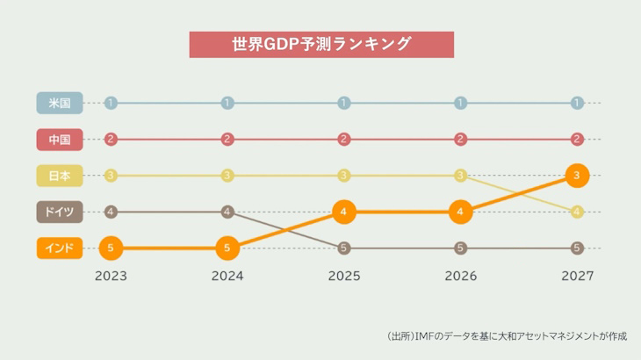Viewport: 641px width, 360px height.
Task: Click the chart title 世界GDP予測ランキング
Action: point(321,45)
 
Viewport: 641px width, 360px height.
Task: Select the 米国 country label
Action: point(60,103)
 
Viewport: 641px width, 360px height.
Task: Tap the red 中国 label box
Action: point(60,139)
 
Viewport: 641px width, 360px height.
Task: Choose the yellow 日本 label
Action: point(60,176)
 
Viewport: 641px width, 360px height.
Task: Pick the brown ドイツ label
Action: point(60,212)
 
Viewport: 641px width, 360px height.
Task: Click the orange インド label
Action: point(60,248)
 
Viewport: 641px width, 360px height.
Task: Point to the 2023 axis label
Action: point(111,276)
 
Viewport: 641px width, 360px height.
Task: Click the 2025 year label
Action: point(343,276)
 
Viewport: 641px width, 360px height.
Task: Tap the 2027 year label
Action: point(577,276)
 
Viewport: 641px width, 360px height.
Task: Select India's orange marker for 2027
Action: point(577,176)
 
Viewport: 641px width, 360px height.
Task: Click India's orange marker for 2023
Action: point(111,248)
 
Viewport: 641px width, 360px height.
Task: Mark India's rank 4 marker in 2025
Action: point(343,212)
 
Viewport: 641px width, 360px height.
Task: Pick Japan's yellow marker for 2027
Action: point(577,212)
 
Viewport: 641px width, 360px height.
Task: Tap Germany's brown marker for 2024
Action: point(227,212)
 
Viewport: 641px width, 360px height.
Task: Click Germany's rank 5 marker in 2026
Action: point(460,248)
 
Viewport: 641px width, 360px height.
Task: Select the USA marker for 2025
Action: point(343,103)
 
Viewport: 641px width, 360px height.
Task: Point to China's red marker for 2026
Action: point(460,139)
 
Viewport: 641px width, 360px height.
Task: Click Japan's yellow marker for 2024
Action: point(227,176)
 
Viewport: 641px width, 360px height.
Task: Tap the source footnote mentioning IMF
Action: point(508,335)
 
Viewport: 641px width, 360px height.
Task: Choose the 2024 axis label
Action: point(227,276)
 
